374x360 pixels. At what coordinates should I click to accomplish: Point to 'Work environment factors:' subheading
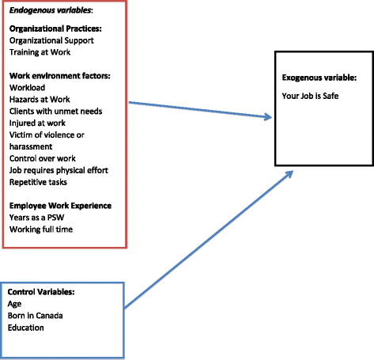pos(60,77)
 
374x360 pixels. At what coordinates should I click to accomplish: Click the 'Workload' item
pos(28,89)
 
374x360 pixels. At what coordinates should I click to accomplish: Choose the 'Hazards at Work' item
pos(40,100)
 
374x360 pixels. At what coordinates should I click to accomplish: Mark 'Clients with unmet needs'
pos(55,112)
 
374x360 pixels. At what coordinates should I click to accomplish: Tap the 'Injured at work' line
pos(39,123)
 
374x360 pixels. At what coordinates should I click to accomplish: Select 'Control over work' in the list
pos(43,158)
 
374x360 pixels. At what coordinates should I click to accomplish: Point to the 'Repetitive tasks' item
pos(40,182)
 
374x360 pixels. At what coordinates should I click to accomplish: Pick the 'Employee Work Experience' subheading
pos(61,206)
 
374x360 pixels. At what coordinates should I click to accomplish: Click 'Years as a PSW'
pos(40,218)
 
